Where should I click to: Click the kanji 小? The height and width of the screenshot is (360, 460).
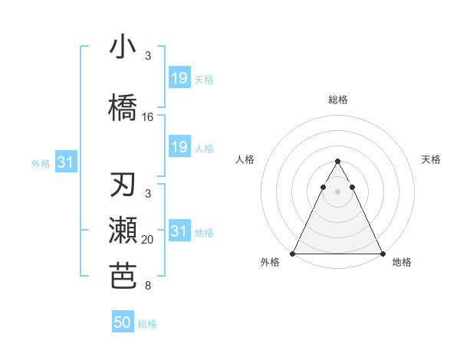123,47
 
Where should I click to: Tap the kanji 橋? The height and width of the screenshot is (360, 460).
123,107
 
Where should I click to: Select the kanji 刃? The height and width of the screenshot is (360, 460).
123,187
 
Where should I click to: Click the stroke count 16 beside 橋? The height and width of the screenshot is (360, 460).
148,117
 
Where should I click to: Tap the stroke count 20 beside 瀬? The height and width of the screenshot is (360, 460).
148,241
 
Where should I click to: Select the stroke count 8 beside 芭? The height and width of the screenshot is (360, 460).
148,286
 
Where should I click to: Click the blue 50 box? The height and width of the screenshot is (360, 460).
123,322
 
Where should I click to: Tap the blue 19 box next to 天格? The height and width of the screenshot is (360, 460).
179,78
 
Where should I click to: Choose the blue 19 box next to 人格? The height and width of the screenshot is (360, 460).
179,147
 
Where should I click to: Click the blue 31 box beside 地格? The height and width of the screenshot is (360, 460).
179,231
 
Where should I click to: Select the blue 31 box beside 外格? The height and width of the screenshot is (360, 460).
64,162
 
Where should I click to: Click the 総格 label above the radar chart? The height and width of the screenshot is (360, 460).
337,100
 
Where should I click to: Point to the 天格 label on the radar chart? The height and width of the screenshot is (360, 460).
431,159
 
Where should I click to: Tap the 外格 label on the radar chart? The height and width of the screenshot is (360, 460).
270,262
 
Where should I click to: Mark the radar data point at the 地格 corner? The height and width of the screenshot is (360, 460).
382,254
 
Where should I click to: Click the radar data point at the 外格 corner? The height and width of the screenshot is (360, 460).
293,254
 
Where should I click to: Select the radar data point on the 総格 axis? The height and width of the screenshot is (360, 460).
337,161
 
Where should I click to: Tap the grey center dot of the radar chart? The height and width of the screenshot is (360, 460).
337,191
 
